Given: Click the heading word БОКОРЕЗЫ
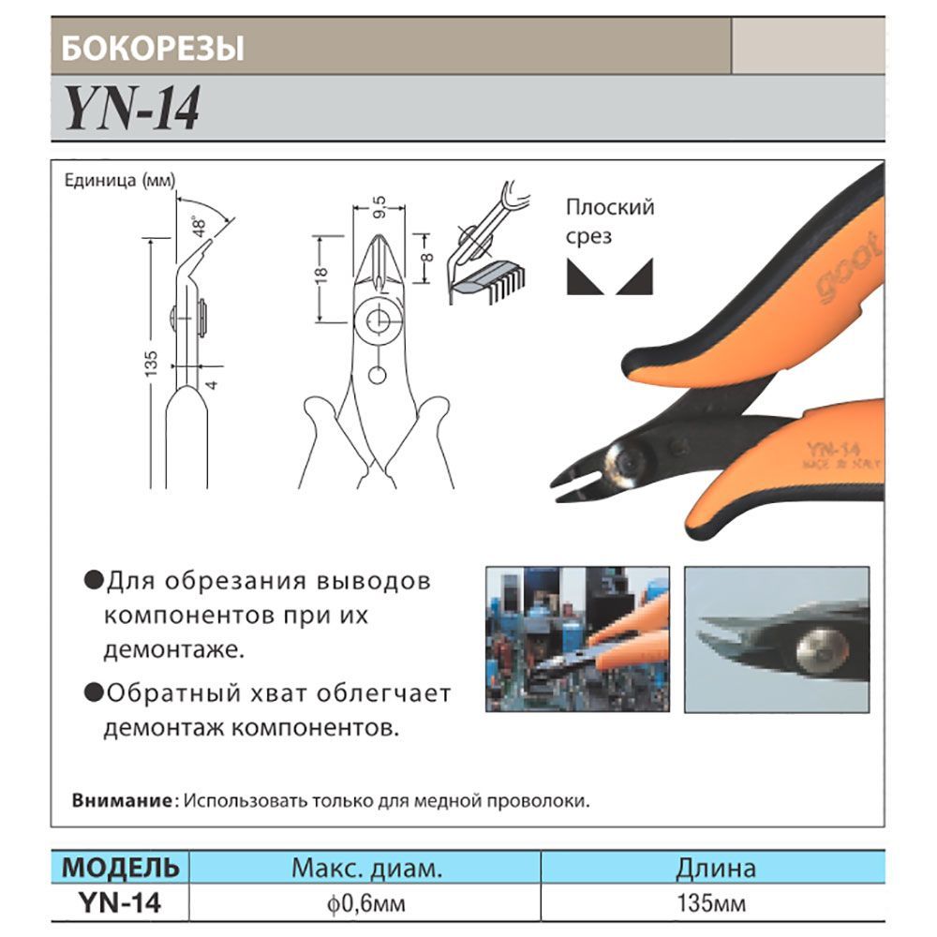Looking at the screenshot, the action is (153, 48).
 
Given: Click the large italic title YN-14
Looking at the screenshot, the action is (133, 108).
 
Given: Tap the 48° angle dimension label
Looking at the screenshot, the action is (199, 227).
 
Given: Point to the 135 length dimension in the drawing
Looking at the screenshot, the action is (151, 364).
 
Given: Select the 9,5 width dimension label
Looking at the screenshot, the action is (379, 207).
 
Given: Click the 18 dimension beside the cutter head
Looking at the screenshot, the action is (320, 275).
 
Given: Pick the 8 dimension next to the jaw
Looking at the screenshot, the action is (426, 259).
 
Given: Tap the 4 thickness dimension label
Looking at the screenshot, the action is (212, 385).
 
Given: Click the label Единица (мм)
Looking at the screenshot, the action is (120, 180).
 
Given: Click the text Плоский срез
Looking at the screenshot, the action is (610, 222).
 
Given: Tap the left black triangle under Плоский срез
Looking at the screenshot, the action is (585, 276).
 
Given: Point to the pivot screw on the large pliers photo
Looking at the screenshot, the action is (628, 462).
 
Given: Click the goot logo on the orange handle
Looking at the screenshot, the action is (849, 268).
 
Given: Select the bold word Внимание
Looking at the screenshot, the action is (121, 800).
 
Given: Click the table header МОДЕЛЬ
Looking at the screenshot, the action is (120, 867).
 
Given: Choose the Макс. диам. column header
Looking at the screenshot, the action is (366, 868).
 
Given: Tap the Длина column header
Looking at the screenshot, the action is (715, 868).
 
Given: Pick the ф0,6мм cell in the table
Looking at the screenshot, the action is (365, 903).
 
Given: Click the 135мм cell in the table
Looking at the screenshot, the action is (711, 903).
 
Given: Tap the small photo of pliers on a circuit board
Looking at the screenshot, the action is (577, 639).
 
